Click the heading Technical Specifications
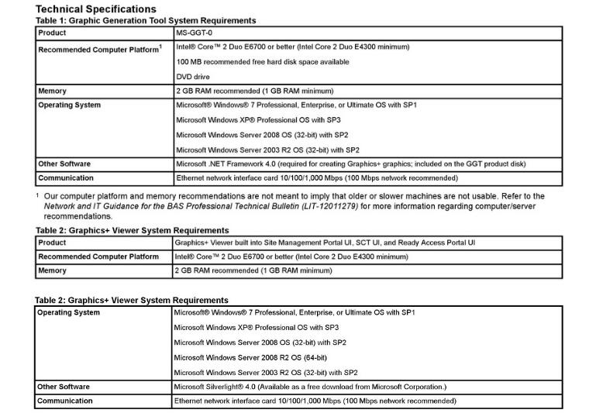point(95,9)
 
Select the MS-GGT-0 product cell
point(195,33)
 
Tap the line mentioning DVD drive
point(193,77)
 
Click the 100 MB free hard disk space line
point(262,62)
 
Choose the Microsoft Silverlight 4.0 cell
point(310,387)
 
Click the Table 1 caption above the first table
point(146,21)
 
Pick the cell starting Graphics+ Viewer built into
point(325,243)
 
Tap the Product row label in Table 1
point(52,33)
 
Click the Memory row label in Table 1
point(53,91)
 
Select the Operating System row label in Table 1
point(69,105)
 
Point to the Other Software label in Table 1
point(64,164)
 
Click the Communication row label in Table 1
point(66,178)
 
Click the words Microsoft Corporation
point(411,387)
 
